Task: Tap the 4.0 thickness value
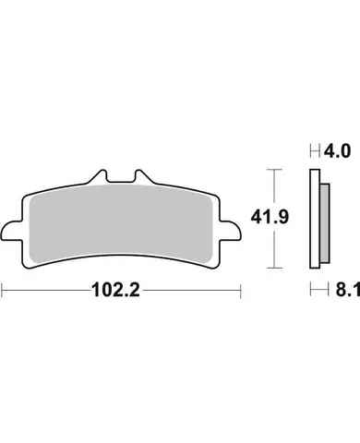tap(333, 149)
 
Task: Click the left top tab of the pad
tap(104, 175)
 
